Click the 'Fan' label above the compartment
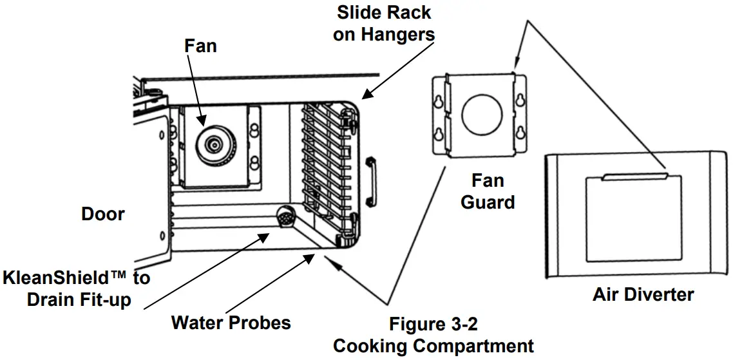point(200,46)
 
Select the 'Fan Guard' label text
point(488,191)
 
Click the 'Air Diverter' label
point(643,295)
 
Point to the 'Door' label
point(103,214)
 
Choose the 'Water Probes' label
point(231,322)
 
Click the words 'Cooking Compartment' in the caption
point(433,346)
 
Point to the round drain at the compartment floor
point(285,217)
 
